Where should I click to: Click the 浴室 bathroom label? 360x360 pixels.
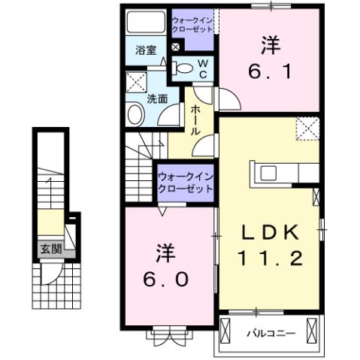click(x=146, y=50)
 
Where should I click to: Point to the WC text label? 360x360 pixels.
click(x=203, y=68)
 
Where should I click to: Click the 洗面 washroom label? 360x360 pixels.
click(x=157, y=98)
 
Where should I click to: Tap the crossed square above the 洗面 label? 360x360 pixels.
click(x=136, y=81)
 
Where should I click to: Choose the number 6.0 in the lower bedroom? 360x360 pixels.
click(x=167, y=278)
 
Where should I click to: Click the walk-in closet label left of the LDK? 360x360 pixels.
click(x=186, y=183)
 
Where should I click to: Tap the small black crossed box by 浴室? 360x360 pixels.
click(x=176, y=47)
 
